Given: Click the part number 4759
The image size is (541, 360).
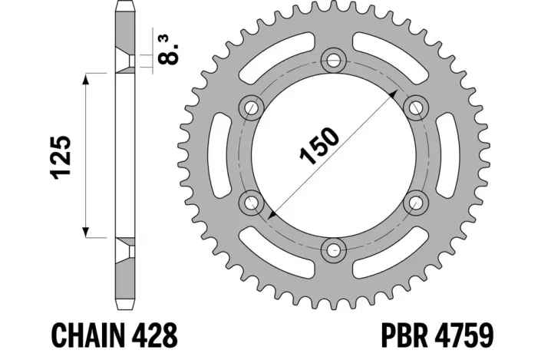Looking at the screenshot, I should pos(469,336).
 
